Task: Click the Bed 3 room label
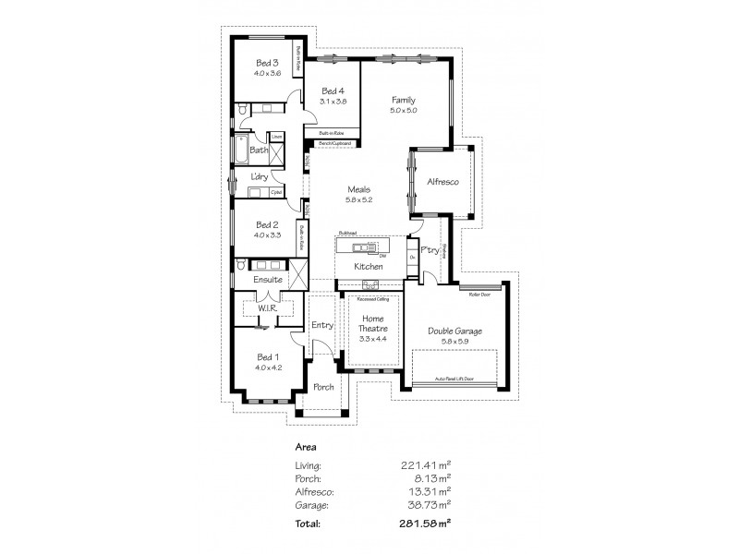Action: (x=268, y=63)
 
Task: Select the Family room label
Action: (x=404, y=100)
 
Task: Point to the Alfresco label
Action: (x=442, y=183)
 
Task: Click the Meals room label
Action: (x=358, y=188)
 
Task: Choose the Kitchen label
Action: (x=369, y=267)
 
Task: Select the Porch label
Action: (x=322, y=387)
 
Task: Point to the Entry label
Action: (x=321, y=325)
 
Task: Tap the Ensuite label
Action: (x=268, y=279)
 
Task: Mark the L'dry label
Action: (x=260, y=177)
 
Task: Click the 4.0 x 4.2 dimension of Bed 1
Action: (x=268, y=367)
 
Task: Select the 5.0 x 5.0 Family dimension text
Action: (x=404, y=111)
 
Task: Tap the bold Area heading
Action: (x=305, y=446)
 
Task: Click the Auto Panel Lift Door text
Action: (x=454, y=379)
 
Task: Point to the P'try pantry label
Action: (x=429, y=250)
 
